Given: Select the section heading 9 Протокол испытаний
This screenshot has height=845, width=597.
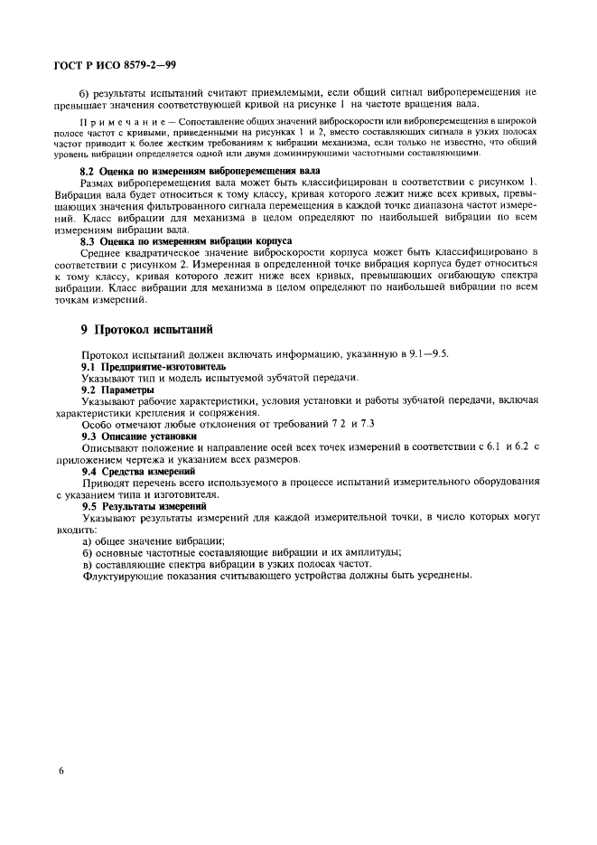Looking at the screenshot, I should [x=146, y=332].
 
